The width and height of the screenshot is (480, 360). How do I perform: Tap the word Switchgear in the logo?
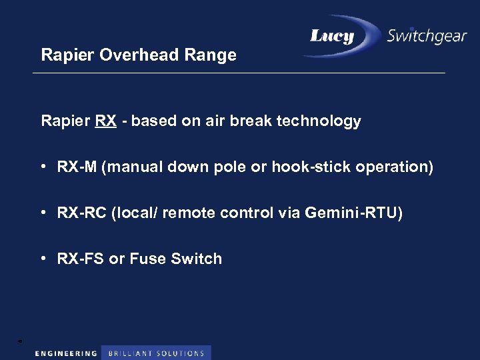point(427,36)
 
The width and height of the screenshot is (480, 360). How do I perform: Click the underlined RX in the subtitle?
point(105,121)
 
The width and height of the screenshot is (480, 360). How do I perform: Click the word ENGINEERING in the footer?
point(66,353)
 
